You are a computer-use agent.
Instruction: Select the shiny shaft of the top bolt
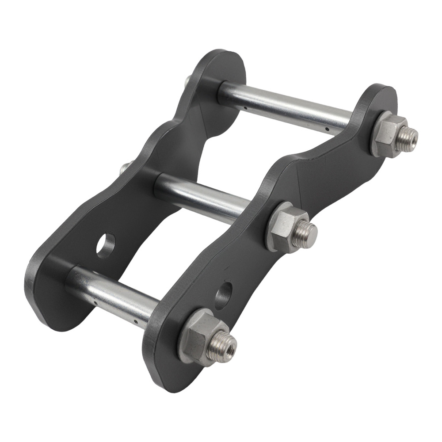pos(287,106)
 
